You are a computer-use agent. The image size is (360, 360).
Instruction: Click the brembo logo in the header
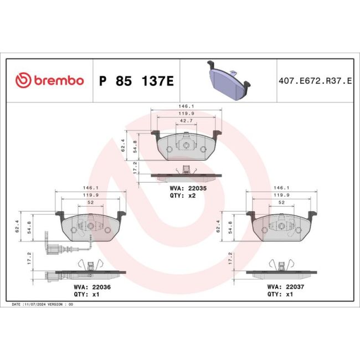[x=49, y=81]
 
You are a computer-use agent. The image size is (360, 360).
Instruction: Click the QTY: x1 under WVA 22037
[x=281, y=295]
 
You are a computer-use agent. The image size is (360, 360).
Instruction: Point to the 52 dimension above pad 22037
[x=281, y=203]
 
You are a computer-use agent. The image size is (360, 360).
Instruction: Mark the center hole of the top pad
[x=187, y=146]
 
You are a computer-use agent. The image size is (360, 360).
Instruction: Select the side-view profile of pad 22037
[x=281, y=272]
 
